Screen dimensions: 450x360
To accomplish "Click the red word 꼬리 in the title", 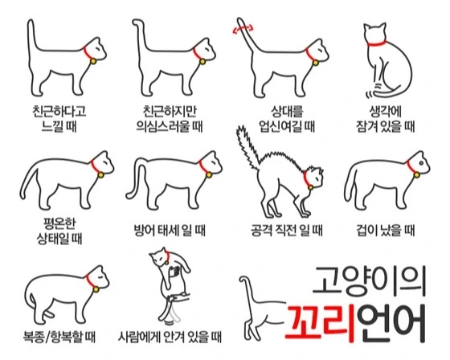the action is click(x=321, y=324).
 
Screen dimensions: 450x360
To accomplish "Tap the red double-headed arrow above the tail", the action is click(x=243, y=28).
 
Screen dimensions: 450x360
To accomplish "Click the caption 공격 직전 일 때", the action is click(x=287, y=231).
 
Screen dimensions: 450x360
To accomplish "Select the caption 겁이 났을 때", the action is click(x=386, y=231).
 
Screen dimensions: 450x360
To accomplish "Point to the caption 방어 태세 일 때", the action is click(x=170, y=231).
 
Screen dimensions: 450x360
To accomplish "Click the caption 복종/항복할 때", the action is click(x=59, y=337).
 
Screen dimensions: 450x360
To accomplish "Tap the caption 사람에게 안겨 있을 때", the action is click(x=170, y=337).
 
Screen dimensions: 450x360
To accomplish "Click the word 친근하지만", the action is click(x=170, y=112).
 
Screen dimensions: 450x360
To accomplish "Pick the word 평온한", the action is click(x=59, y=223).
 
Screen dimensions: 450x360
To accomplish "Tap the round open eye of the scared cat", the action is click(x=421, y=163).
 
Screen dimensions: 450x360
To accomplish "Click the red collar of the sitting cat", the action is click(x=376, y=43).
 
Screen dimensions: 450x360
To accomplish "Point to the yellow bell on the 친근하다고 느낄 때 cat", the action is click(x=93, y=61).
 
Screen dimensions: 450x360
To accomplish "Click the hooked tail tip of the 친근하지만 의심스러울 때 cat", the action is click(x=137, y=22).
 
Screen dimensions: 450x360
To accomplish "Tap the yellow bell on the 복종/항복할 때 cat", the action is click(x=96, y=289).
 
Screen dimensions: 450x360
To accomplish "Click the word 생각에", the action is click(x=386, y=112).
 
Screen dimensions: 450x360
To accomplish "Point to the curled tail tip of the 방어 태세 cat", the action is click(x=129, y=195).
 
